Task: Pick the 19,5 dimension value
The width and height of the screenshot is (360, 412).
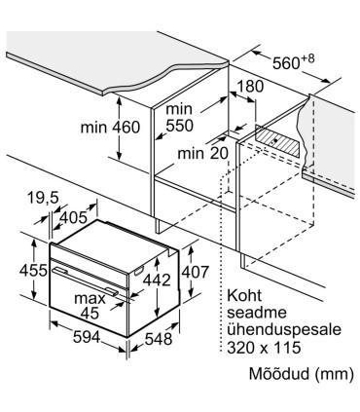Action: (43, 199)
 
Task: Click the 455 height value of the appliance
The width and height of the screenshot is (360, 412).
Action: (18, 270)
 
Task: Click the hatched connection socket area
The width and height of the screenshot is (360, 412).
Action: (279, 142)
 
